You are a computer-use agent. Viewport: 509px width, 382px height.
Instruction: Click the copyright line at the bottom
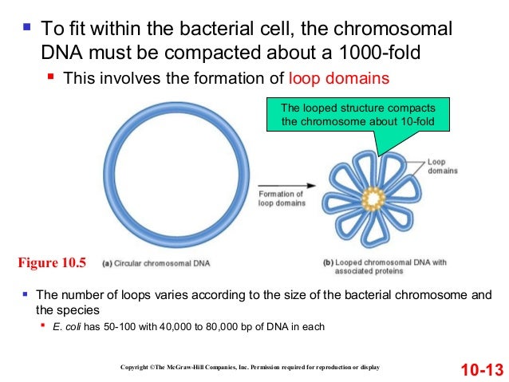point(250,367)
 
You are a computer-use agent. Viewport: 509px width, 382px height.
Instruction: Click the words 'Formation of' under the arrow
point(280,194)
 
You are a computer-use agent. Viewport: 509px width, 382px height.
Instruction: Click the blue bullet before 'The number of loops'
point(25,293)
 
